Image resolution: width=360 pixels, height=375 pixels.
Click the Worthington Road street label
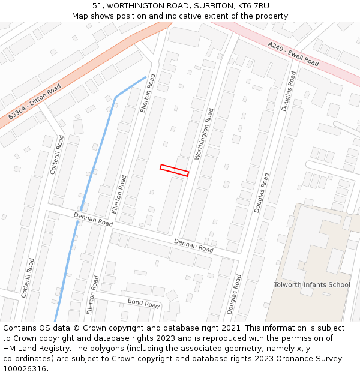pyautogui.click(x=205, y=134)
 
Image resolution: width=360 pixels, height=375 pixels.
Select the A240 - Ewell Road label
pyautogui.click(x=293, y=54)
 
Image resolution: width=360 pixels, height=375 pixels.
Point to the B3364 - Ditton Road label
pyautogui.click(x=35, y=102)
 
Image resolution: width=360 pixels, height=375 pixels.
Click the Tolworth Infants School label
pyautogui.click(x=311, y=284)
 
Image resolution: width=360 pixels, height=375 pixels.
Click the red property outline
pyautogui.click(x=174, y=170)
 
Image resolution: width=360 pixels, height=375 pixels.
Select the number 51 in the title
pyautogui.click(x=97, y=5)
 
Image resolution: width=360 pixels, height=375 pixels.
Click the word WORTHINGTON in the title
pyautogui.click(x=133, y=5)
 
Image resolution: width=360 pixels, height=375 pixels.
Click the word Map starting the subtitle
pyautogui.click(x=80, y=16)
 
